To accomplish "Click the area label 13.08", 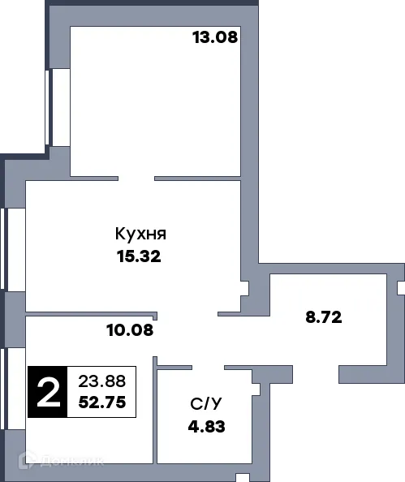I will pyautogui.click(x=214, y=37).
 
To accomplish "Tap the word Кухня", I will pyautogui.click(x=140, y=235).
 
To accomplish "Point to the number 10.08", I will pyautogui.click(x=130, y=329).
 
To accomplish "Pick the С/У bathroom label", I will pyautogui.click(x=203, y=402).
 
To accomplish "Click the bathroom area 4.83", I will pyautogui.click(x=203, y=425).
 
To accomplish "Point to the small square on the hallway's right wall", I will pyautogui.click(x=399, y=288).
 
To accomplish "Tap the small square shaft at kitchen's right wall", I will pyautogui.click(x=244, y=286).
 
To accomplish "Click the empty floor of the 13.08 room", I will pyautogui.click(x=154, y=105).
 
